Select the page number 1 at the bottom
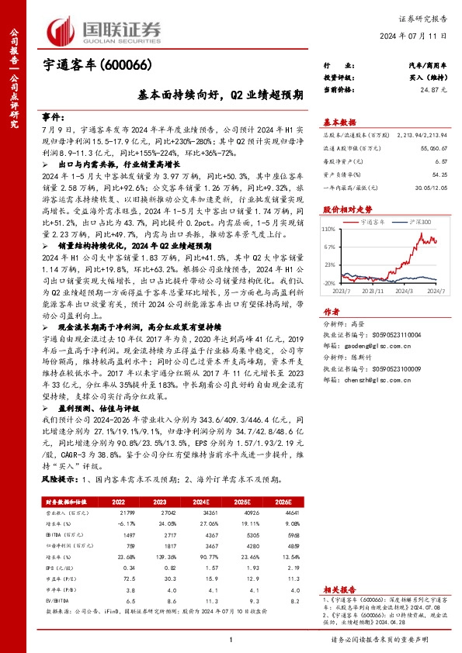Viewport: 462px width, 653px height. (x=231, y=639)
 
